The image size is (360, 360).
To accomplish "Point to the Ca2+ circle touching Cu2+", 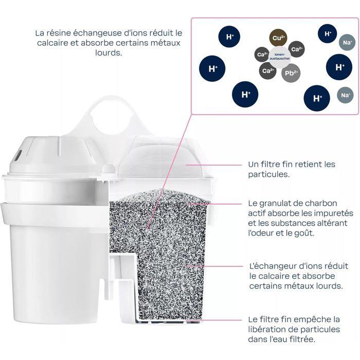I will [296, 50].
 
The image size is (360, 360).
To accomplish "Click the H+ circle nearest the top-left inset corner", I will [229, 37].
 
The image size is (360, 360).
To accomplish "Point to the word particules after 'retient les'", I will [265, 174].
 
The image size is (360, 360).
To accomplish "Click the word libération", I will [267, 329].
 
